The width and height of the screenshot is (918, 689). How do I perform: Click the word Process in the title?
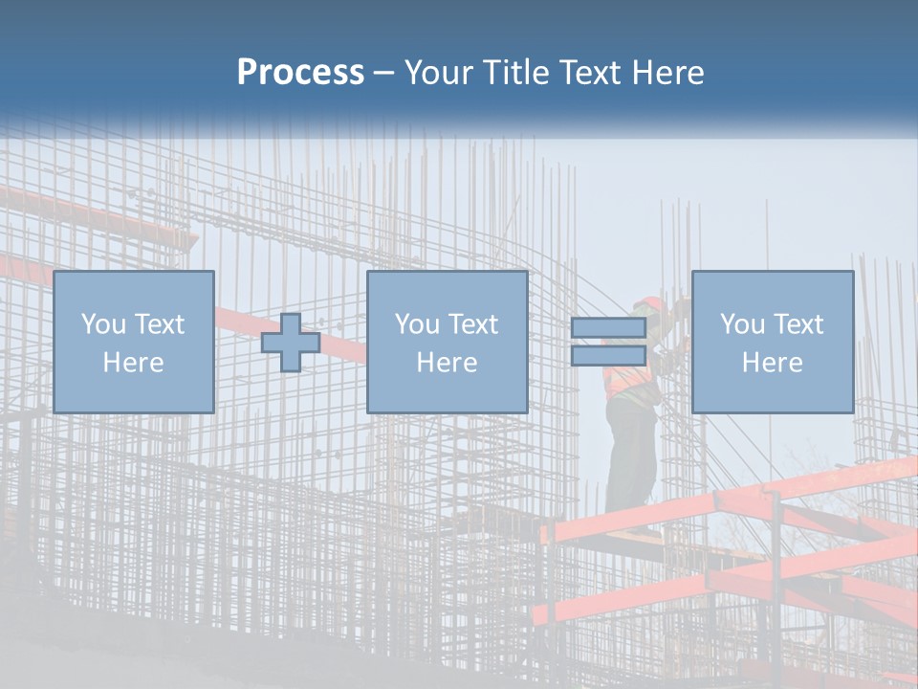tap(300, 72)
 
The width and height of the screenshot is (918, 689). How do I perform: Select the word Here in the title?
tap(666, 73)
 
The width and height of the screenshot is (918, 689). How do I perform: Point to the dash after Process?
tap(383, 74)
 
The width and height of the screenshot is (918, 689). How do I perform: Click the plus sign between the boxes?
tap(291, 343)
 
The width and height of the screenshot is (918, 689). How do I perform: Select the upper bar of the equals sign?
tap(608, 328)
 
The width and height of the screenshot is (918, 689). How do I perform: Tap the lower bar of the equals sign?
tap(608, 355)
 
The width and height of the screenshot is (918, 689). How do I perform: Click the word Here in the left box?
tap(133, 363)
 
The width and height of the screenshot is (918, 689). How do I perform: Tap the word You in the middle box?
tap(416, 324)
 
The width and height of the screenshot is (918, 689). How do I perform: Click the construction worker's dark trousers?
tap(631, 450)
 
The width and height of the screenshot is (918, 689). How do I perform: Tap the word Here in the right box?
tap(772, 363)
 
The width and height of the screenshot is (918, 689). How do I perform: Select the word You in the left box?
tap(102, 324)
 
